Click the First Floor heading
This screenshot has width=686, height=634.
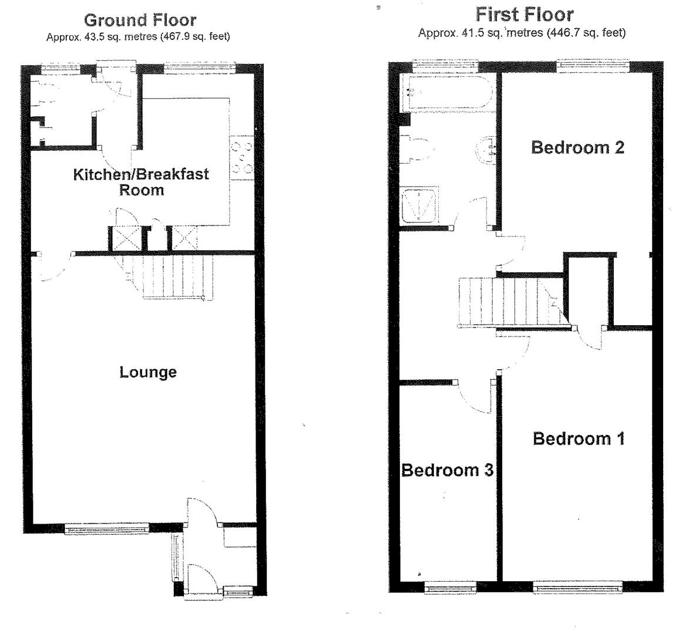click(524, 14)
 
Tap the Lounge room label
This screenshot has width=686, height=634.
click(148, 372)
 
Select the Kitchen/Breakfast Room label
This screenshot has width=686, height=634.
click(141, 182)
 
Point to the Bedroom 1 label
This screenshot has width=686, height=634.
click(579, 439)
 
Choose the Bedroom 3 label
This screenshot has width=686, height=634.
click(447, 470)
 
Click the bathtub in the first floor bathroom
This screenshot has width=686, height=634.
click(446, 93)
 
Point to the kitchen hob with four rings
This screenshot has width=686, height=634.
click(242, 156)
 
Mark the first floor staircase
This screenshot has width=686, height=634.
click(505, 300)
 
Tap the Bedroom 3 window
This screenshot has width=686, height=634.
click(450, 585)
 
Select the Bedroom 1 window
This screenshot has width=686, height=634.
click(577, 585)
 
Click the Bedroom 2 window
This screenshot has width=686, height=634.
click(593, 65)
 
